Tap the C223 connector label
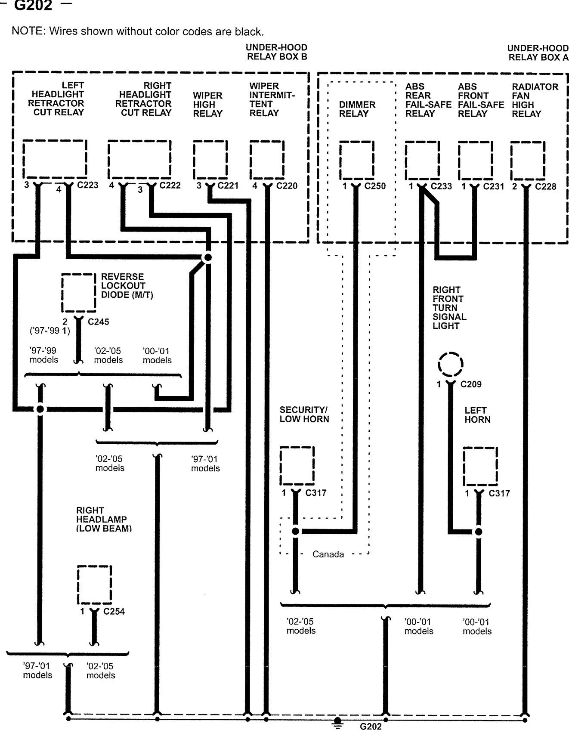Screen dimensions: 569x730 tap(87, 185)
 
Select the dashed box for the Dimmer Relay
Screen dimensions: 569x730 tap(357, 160)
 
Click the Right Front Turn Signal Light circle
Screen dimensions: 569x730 tap(450, 365)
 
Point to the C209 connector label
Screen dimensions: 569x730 tap(471, 384)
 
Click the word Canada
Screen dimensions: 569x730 tap(328, 554)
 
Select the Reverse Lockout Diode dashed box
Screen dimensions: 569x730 tap(78, 293)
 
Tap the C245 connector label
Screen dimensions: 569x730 tap(98, 322)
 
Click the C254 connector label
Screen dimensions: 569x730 tap(114, 611)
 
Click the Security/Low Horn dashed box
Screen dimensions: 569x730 tap(297, 466)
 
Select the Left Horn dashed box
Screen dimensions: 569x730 tap(480, 467)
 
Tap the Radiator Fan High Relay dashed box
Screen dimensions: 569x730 tap(528, 161)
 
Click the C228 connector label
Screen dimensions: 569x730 tap(546, 186)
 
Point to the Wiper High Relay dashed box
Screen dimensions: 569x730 tap(210, 160)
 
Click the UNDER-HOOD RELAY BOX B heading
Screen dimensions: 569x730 tap(277, 52)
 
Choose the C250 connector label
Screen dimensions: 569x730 tap(375, 186)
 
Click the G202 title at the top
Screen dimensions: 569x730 tap(33, 6)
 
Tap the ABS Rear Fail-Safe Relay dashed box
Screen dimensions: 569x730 tap(422, 161)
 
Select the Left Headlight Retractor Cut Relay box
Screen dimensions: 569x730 tap(55, 159)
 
